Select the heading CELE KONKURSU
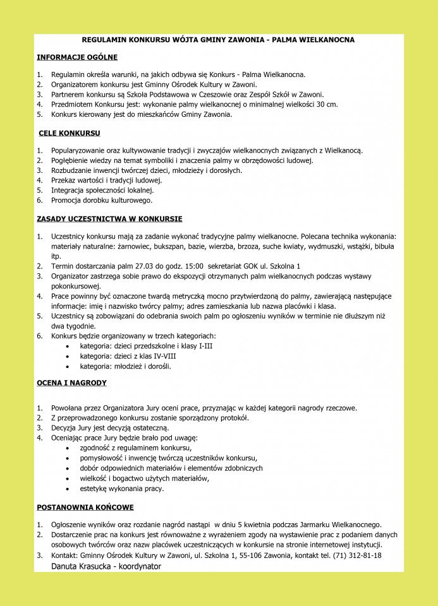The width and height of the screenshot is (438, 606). [x=70, y=133]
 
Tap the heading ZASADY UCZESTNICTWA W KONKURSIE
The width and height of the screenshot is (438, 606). [x=109, y=219]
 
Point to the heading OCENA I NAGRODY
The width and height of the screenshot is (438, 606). [x=71, y=383]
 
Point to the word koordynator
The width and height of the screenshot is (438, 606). [x=141, y=567]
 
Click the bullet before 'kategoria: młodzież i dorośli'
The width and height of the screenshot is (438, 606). [x=68, y=366]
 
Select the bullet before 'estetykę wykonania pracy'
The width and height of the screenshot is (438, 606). [x=68, y=489]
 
